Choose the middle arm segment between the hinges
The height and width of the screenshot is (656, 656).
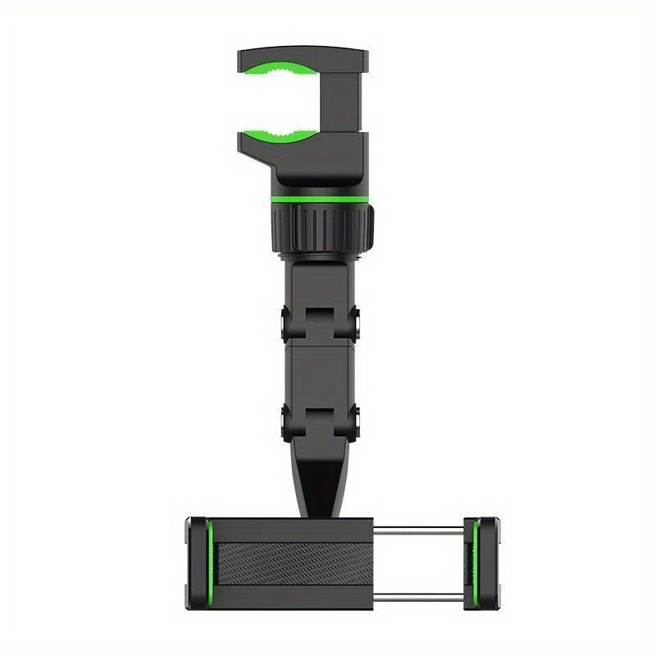(x=319, y=373)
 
